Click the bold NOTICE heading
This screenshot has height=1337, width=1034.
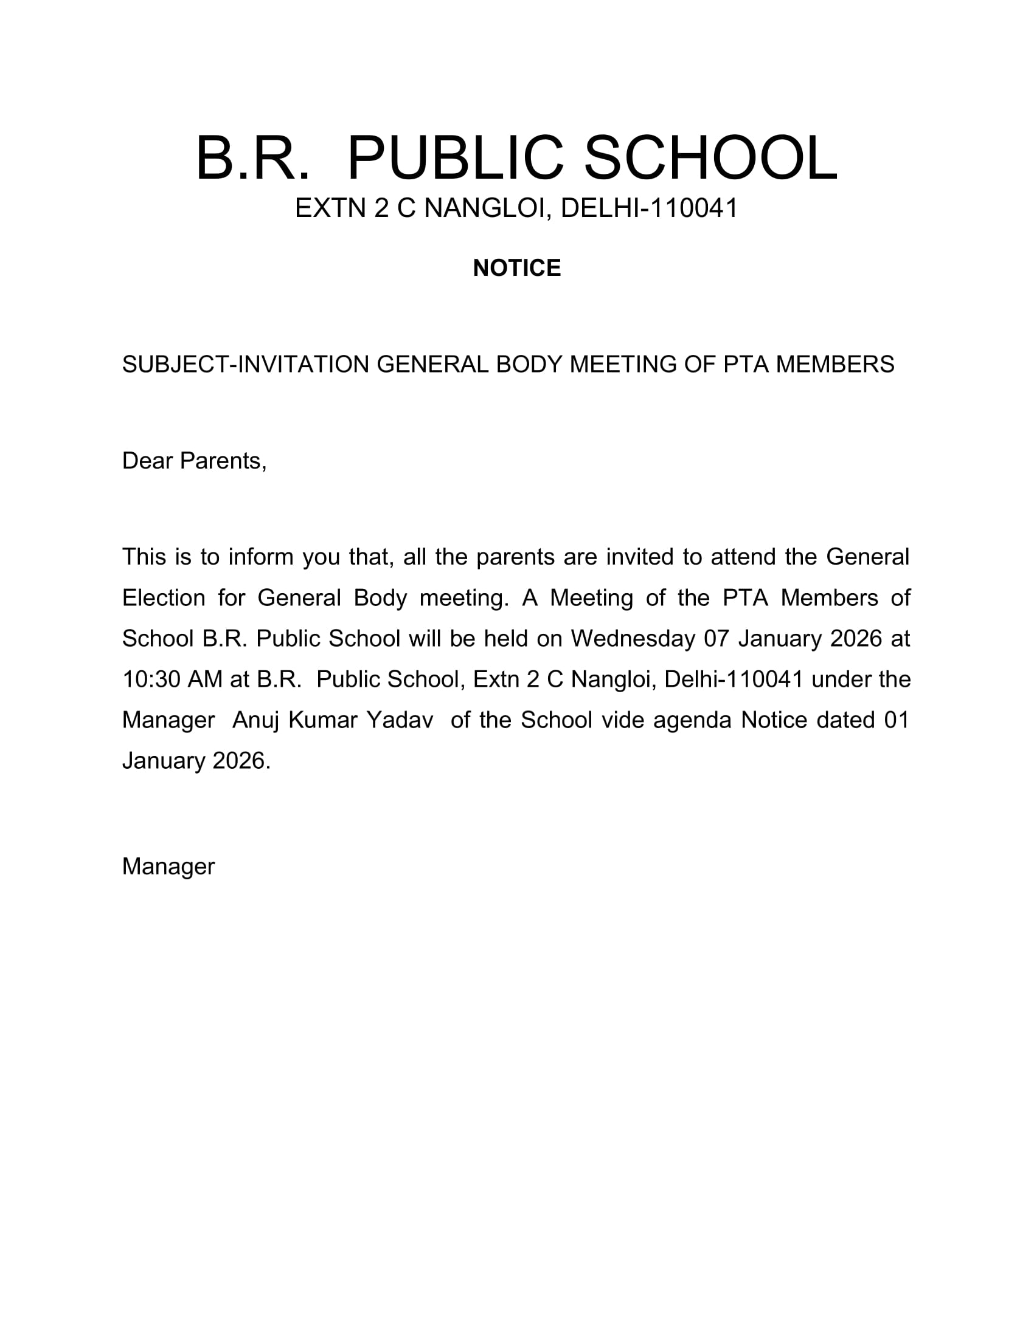pos(516,268)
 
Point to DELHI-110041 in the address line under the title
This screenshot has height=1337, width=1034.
pos(650,208)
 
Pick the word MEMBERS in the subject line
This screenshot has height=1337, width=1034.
pos(835,364)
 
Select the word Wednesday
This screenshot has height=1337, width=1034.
pos(633,639)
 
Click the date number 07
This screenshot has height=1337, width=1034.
pos(716,639)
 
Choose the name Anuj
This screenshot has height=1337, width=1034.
pos(255,720)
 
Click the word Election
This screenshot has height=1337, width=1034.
pos(164,597)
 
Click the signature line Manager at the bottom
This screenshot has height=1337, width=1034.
pos(168,866)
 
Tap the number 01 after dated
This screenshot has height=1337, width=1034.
pos(896,720)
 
